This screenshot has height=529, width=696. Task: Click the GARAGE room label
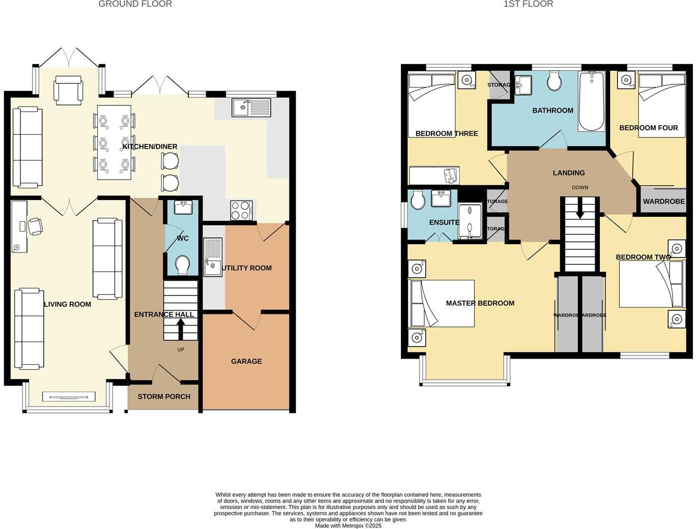[246, 361]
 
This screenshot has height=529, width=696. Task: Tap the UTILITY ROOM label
[247, 268]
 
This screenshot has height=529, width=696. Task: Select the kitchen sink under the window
[251, 107]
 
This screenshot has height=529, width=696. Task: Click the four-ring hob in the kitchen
[241, 211]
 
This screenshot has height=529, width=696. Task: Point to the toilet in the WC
[182, 264]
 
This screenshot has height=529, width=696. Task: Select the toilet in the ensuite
[418, 200]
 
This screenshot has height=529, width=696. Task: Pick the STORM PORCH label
[164, 397]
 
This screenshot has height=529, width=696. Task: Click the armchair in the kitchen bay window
[69, 90]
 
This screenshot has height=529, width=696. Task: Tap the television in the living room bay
[69, 397]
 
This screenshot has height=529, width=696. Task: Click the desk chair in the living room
[35, 226]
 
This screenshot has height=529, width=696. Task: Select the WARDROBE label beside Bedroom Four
[663, 201]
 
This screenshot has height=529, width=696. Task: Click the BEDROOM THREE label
[446, 133]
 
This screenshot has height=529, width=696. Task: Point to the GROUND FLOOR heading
[135, 4]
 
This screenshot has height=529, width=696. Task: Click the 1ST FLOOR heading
[528, 4]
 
